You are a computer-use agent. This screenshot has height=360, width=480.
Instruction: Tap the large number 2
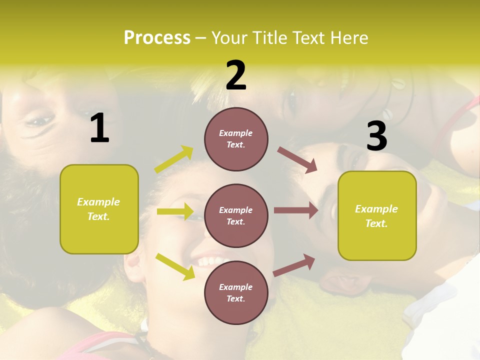pos(236,75)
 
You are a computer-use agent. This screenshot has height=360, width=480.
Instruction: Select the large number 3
pos(376,136)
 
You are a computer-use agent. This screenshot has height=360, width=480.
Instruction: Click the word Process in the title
pos(157,37)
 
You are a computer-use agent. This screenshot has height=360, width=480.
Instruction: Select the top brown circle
pos(236,139)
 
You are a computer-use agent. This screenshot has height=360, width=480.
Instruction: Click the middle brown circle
pos(236,215)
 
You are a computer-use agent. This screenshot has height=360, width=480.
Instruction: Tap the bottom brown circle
pos(236,292)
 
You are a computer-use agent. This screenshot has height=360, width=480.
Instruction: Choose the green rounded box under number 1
pos(99,209)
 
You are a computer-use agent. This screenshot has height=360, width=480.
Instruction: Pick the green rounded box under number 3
pos(377,215)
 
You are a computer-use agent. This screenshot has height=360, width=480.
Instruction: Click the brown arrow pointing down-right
pos(297,159)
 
